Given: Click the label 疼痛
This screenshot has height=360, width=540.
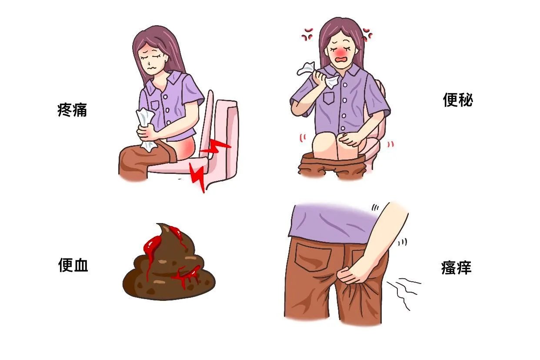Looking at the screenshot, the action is tap(72, 110).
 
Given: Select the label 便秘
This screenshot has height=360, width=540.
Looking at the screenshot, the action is tap(458, 100).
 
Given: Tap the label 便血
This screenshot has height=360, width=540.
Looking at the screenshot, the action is tap(73, 265).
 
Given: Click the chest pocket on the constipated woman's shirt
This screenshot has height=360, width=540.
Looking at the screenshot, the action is tap(329, 98).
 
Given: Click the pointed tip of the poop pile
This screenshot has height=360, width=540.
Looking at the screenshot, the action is tap(158, 225).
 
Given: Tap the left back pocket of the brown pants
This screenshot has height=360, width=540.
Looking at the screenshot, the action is tap(313, 257).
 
